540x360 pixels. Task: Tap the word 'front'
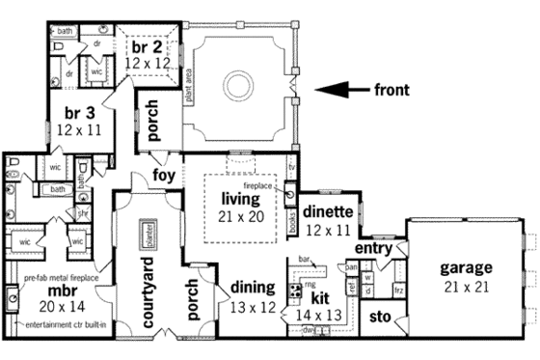tap(391, 91)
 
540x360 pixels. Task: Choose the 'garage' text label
tap(467, 267)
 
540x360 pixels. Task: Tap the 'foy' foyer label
tap(164, 176)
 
